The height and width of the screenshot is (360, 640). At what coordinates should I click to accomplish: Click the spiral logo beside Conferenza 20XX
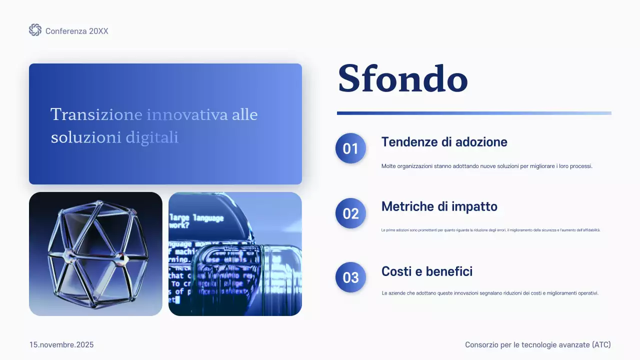coord(35,30)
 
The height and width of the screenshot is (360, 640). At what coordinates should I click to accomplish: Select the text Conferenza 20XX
coord(76,31)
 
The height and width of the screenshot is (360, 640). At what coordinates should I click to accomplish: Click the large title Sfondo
coord(403,78)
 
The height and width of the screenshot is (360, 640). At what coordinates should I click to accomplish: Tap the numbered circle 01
coord(350,148)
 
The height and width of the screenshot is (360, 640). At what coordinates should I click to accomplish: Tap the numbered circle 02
coord(350,213)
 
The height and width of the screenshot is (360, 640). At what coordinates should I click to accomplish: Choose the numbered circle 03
coord(350,277)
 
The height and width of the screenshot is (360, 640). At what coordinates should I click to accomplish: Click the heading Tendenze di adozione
coord(444,142)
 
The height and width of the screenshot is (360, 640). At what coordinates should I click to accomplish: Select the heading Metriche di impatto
coord(439,206)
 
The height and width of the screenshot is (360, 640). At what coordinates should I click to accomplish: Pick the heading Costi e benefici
coord(426,271)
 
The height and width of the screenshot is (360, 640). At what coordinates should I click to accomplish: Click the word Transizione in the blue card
coord(96,114)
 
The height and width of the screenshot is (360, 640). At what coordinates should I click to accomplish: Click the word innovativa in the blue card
coord(187,114)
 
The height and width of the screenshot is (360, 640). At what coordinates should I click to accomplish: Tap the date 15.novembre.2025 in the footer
coord(61,345)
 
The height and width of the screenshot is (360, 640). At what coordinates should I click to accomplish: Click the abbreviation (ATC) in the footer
coord(601,345)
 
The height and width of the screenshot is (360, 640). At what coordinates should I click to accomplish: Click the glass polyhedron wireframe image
coord(95,254)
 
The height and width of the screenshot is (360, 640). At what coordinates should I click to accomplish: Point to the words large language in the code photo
coord(196,218)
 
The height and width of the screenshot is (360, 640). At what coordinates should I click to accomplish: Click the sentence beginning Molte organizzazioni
coord(486,166)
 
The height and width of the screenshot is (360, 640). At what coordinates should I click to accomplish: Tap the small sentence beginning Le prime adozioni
coord(490,230)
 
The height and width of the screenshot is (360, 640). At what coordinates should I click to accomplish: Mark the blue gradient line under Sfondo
coord(474,113)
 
